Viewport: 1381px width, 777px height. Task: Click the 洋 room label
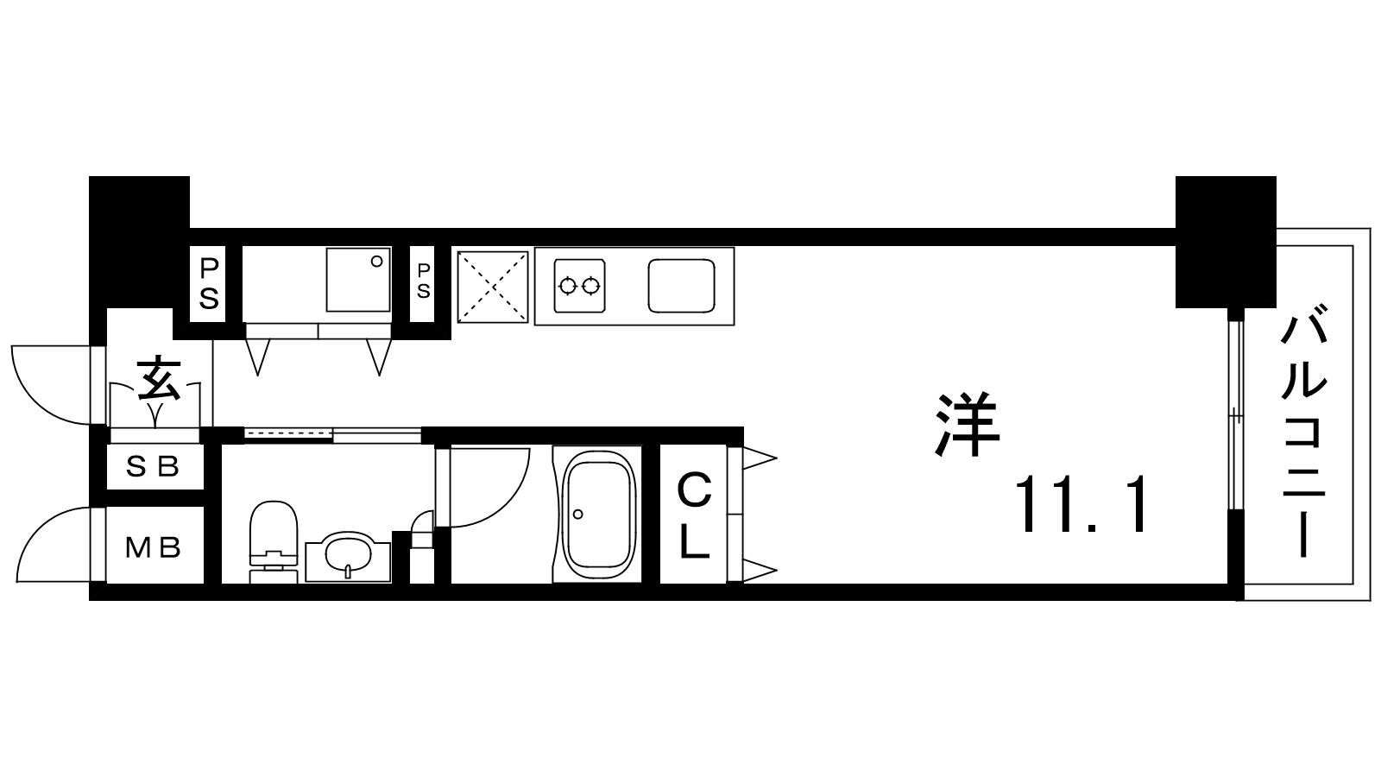pyautogui.click(x=967, y=425)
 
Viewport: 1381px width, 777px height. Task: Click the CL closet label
pyautogui.click(x=695, y=515)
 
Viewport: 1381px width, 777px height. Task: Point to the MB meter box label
pyautogui.click(x=153, y=547)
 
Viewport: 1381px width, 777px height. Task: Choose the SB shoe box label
pyautogui.click(x=152, y=467)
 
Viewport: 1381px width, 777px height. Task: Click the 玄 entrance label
pyautogui.click(x=159, y=378)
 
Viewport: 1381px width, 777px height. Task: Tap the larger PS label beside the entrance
pyautogui.click(x=208, y=284)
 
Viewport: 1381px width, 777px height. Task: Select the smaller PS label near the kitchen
pyautogui.click(x=423, y=281)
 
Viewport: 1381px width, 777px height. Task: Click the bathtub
pyautogui.click(x=597, y=515)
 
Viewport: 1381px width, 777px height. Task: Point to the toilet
pyautogui.click(x=273, y=540)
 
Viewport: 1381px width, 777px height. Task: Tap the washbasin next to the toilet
pyautogui.click(x=349, y=557)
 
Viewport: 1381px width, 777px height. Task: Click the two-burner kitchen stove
pyautogui.click(x=579, y=286)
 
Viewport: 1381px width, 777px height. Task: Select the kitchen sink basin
pyautogui.click(x=681, y=286)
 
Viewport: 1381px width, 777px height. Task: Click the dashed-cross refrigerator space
pyautogui.click(x=493, y=287)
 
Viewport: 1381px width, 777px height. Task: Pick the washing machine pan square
pyautogui.click(x=358, y=280)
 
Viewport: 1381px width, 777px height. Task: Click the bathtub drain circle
pyautogui.click(x=577, y=514)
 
